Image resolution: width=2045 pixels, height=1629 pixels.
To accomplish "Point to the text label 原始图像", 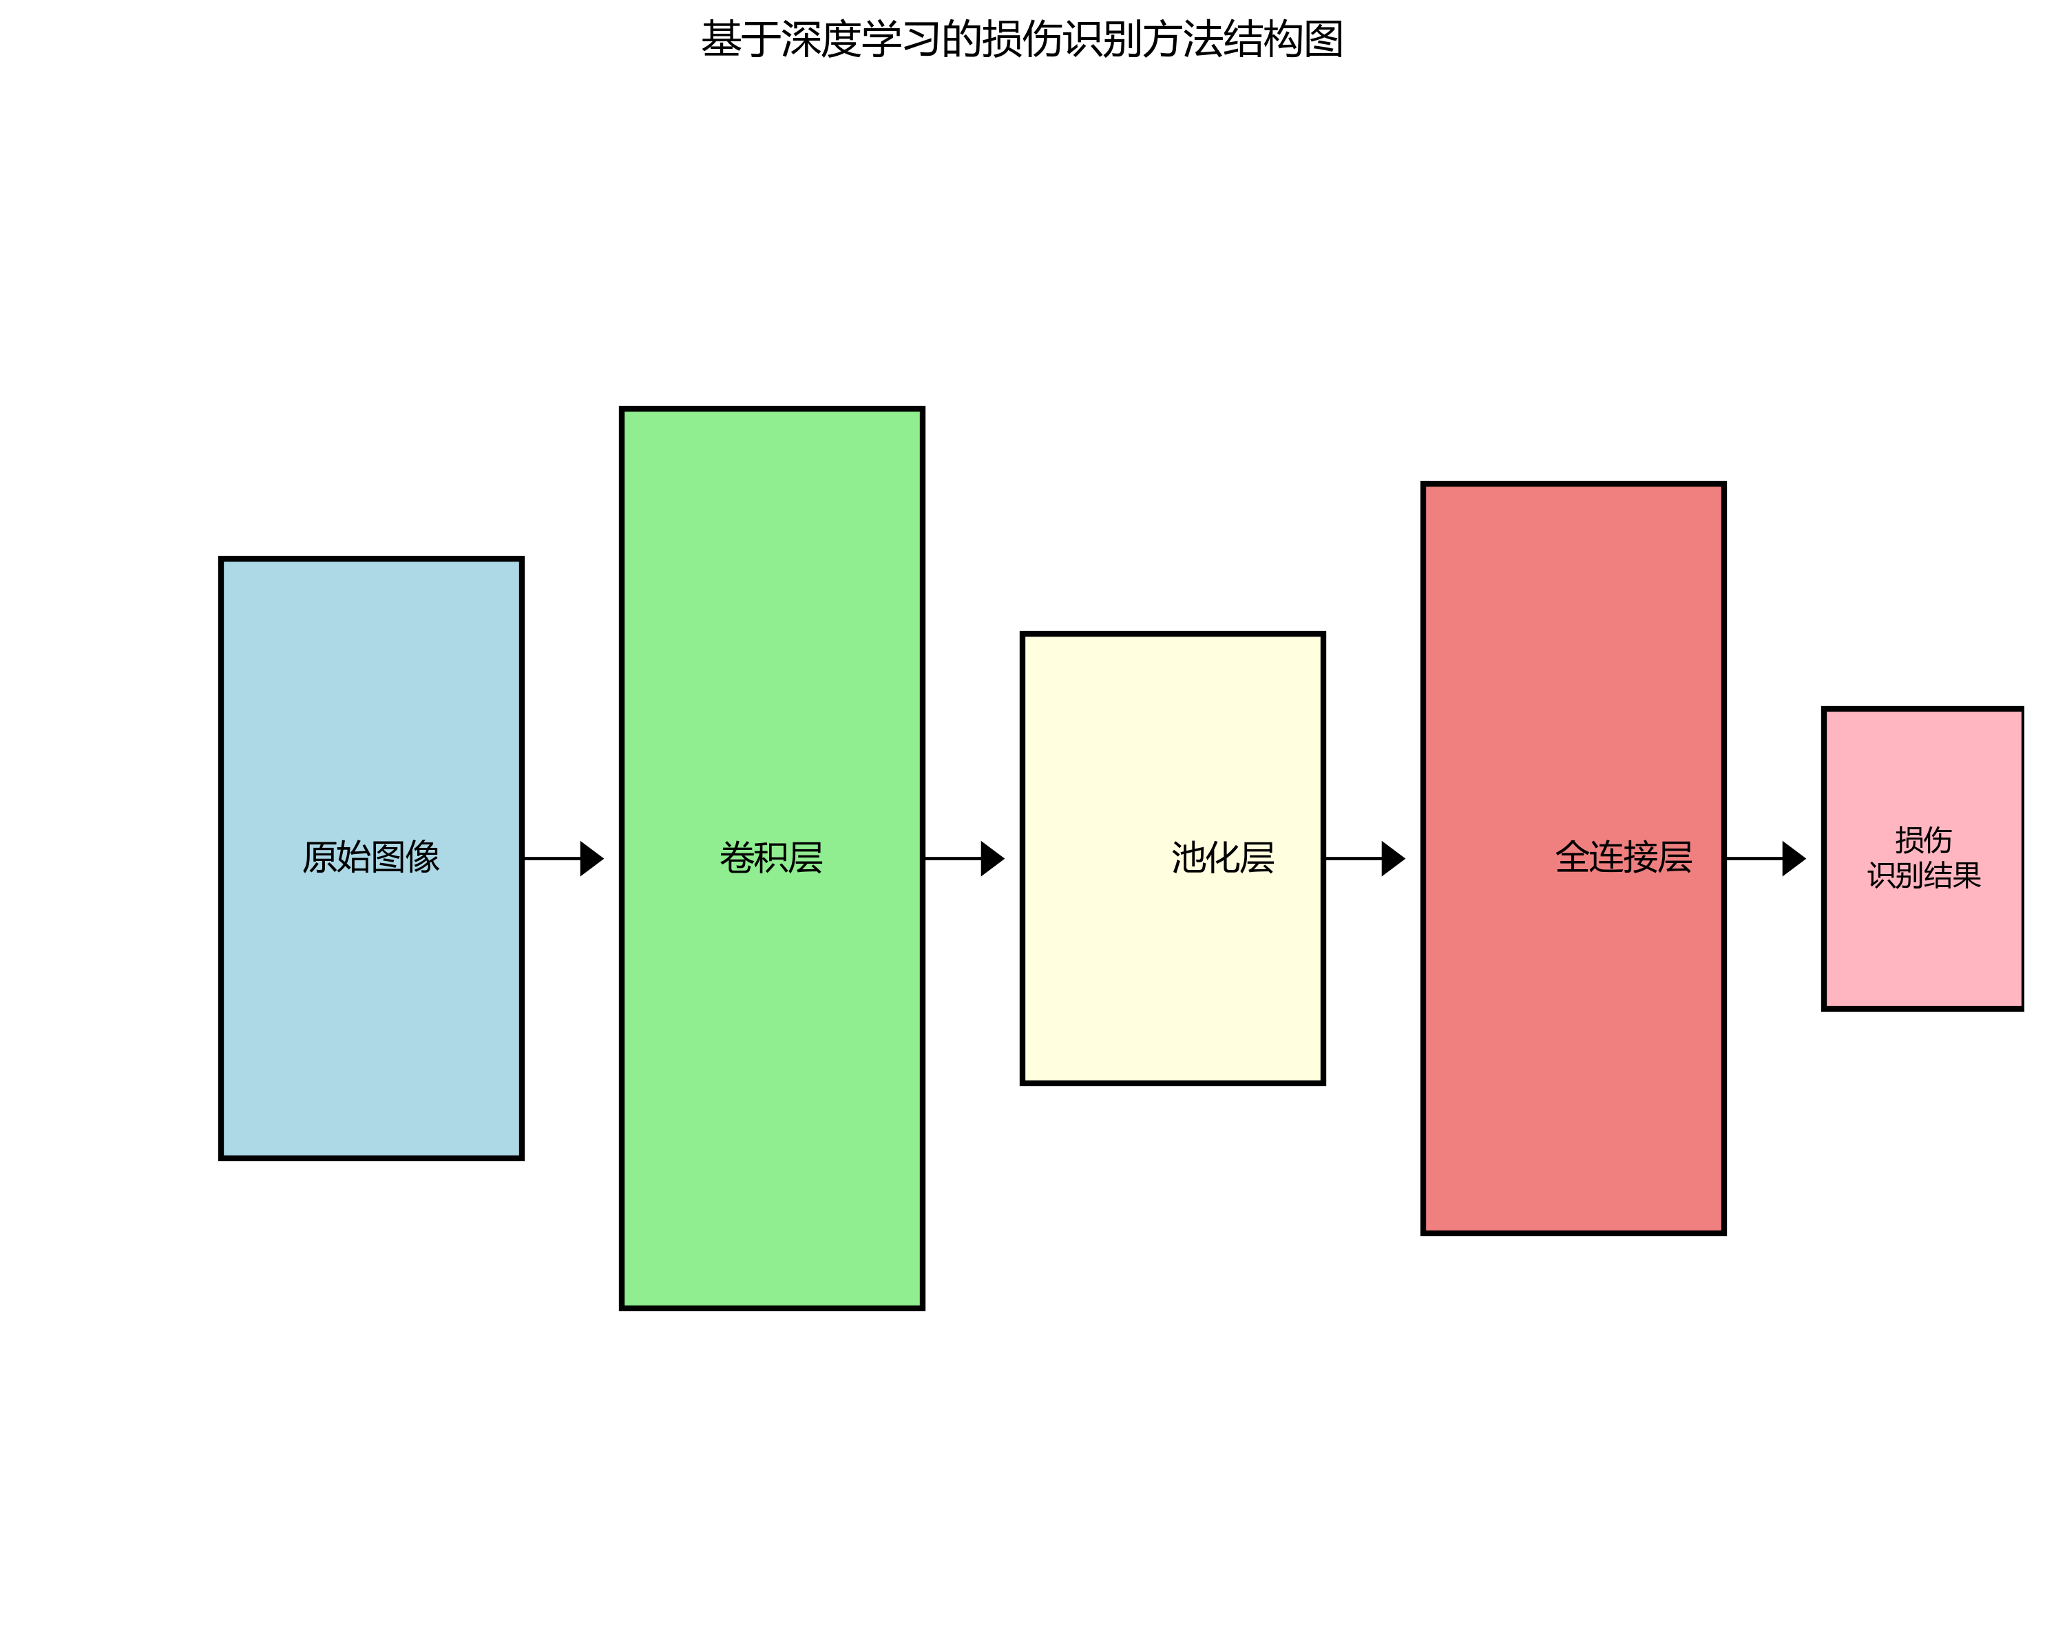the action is [371, 857].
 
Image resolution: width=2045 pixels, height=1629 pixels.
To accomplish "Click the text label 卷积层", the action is [771, 857].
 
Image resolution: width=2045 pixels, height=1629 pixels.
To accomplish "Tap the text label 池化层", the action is [1223, 857].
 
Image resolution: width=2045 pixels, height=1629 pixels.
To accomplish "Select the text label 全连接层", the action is [1623, 857].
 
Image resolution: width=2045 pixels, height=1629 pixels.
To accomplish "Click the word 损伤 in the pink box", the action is [1922, 839].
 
